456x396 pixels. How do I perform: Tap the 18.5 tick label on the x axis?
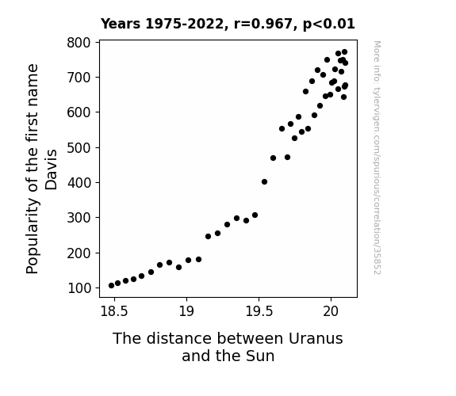pos(114,311)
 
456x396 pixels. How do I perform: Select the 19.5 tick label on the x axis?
pos(259,311)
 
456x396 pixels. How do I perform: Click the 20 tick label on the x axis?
pos(331,311)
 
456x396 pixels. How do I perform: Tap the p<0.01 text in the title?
pos(329,25)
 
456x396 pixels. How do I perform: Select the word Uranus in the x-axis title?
pos(316,339)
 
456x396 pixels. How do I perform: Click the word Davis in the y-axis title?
pos(52,169)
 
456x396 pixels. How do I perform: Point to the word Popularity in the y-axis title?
pos(33,236)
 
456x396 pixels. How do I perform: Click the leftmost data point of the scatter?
pos(111,286)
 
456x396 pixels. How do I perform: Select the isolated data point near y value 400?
pos(264,182)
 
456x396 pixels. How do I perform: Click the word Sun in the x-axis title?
pos(260,356)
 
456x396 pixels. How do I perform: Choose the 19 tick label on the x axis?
pos(186,311)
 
